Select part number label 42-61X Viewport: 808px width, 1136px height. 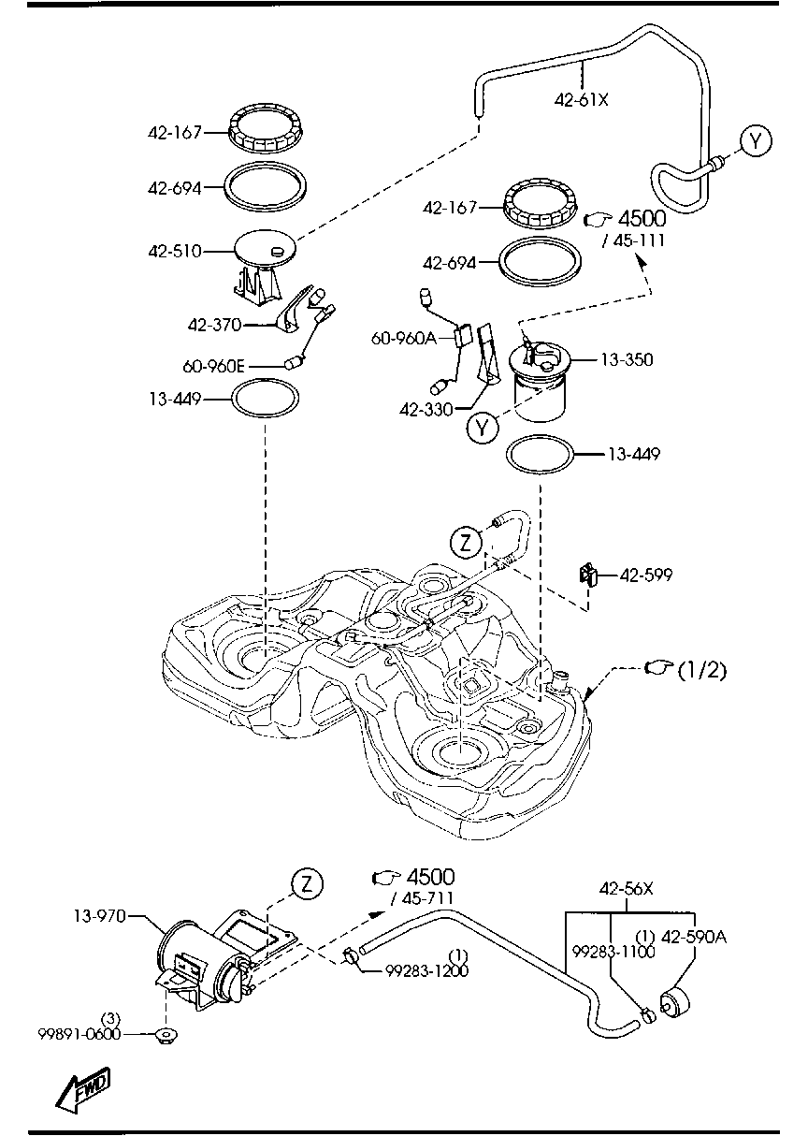(581, 97)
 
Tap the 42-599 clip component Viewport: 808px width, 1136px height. (589, 574)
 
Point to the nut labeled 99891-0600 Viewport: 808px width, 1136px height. (167, 1035)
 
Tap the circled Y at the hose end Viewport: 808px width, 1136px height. (756, 140)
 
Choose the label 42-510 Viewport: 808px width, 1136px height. (174, 251)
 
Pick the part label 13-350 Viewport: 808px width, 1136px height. (627, 359)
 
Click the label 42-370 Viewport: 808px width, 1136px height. (214, 325)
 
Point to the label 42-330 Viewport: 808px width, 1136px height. (427, 409)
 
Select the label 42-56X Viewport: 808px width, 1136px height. (626, 889)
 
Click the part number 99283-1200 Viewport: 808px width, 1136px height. (427, 971)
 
